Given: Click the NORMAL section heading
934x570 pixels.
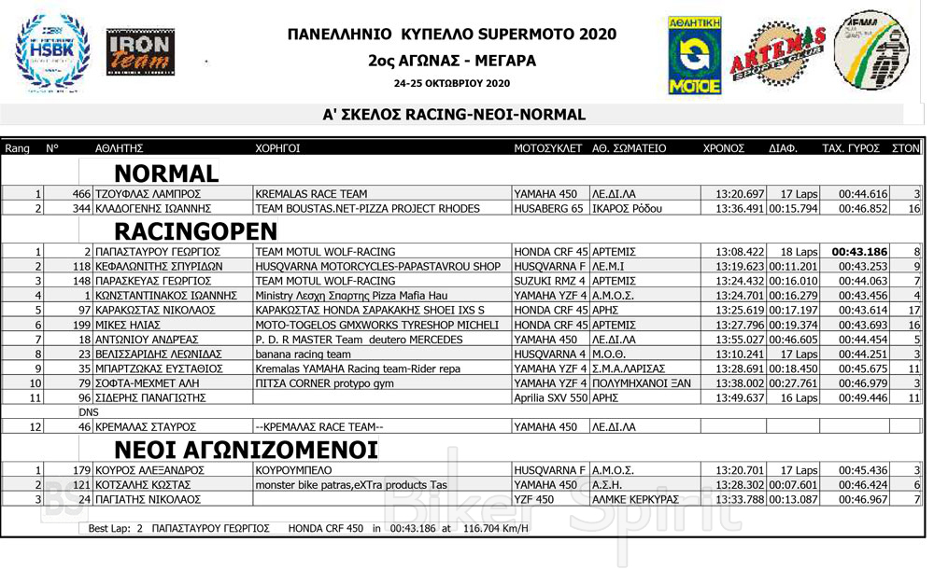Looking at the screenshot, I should (x=166, y=174).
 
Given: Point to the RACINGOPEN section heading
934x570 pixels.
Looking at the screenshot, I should (x=195, y=231).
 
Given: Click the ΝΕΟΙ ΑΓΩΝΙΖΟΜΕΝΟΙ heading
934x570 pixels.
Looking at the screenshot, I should (x=246, y=450).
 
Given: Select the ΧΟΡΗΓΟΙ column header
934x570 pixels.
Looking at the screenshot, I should (x=277, y=148).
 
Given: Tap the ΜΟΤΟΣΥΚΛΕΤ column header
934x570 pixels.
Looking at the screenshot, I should (x=548, y=148).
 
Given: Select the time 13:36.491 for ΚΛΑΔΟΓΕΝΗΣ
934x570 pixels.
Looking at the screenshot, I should (x=740, y=208).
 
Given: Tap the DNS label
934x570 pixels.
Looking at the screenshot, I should (x=89, y=411).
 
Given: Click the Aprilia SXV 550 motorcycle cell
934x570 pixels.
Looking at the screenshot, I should (x=551, y=397).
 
